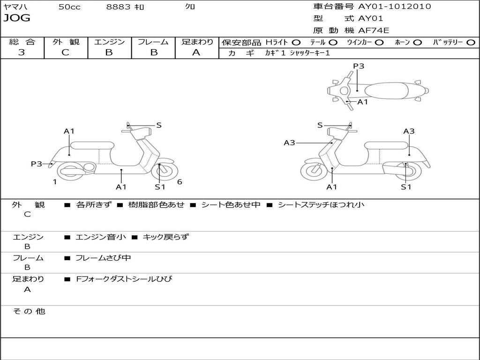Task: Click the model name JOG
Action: click(17, 18)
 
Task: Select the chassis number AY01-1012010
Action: click(395, 7)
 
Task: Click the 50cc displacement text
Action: click(69, 7)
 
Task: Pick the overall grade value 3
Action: click(22, 52)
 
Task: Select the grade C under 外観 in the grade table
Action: click(66, 52)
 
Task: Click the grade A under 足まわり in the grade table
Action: click(196, 52)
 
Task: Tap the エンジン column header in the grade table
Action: click(109, 42)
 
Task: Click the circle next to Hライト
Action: click(296, 42)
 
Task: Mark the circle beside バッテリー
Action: click(471, 42)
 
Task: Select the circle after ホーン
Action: click(418, 42)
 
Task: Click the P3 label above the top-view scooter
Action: click(359, 66)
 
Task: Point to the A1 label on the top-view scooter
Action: click(363, 102)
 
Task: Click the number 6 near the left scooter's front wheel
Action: click(180, 182)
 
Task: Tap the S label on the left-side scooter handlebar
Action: click(159, 125)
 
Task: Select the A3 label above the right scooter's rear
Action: click(409, 131)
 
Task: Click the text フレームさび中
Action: click(103, 258)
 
